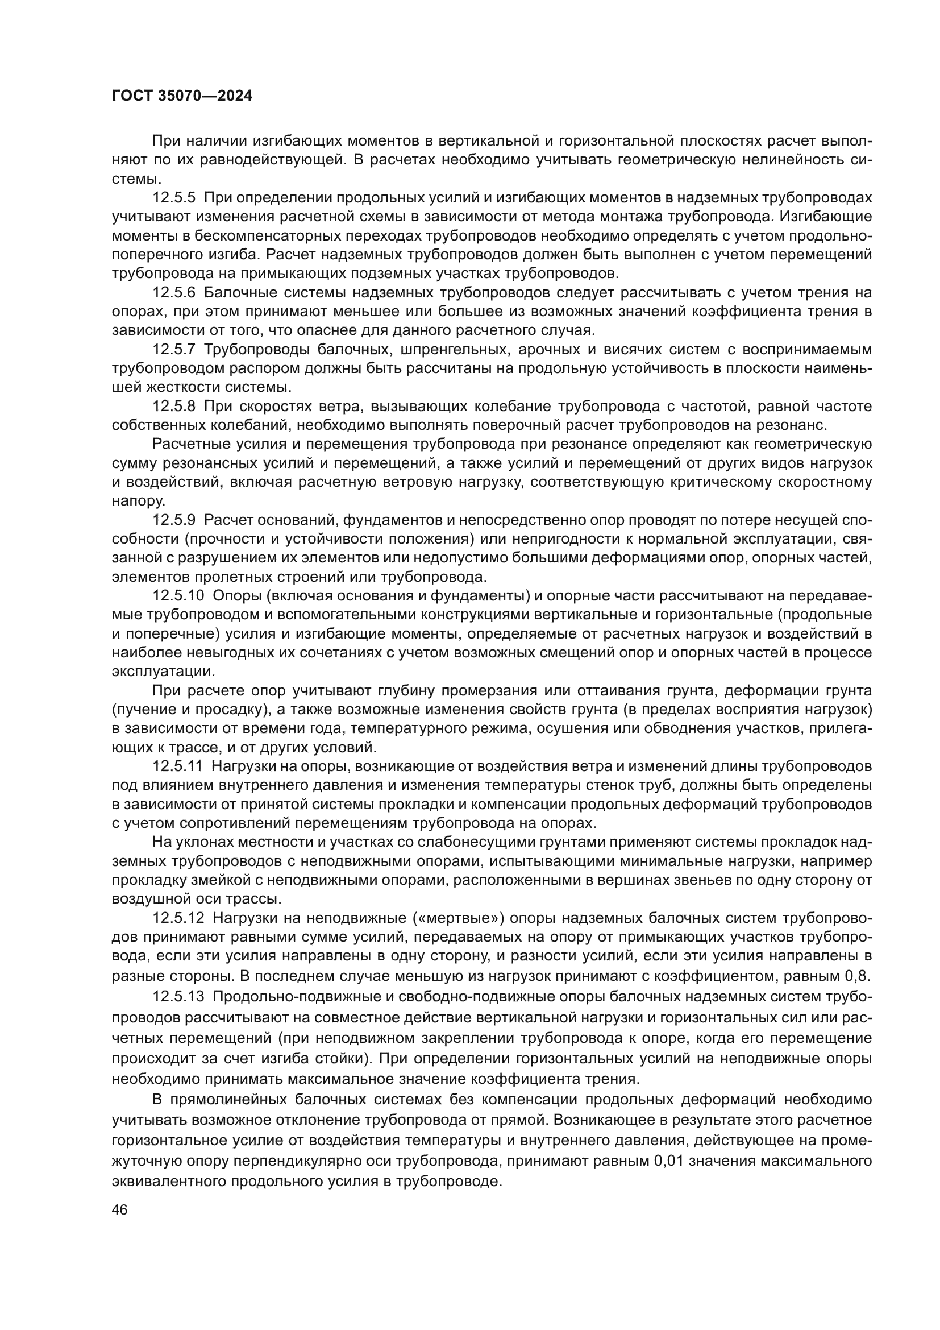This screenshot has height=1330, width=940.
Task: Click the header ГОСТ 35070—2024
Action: [182, 96]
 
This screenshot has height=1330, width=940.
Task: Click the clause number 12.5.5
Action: [174, 198]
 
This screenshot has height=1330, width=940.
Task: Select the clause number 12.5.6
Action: [174, 292]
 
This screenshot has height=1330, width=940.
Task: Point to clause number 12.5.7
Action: [174, 350]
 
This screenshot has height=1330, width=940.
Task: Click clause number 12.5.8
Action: [174, 407]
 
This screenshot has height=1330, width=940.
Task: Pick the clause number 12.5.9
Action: [174, 520]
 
